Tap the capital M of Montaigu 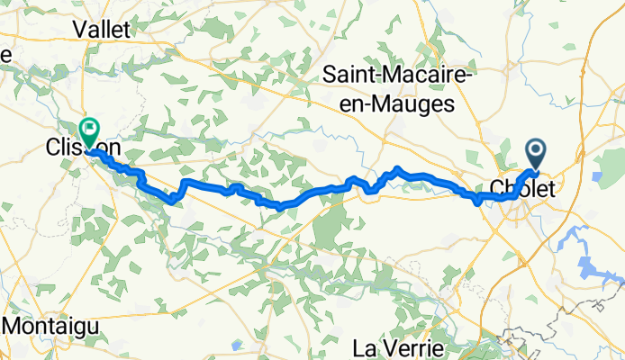coord(15,325)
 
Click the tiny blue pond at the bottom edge coord(236,345)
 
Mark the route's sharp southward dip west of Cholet coord(477,202)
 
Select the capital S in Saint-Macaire coord(331,78)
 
